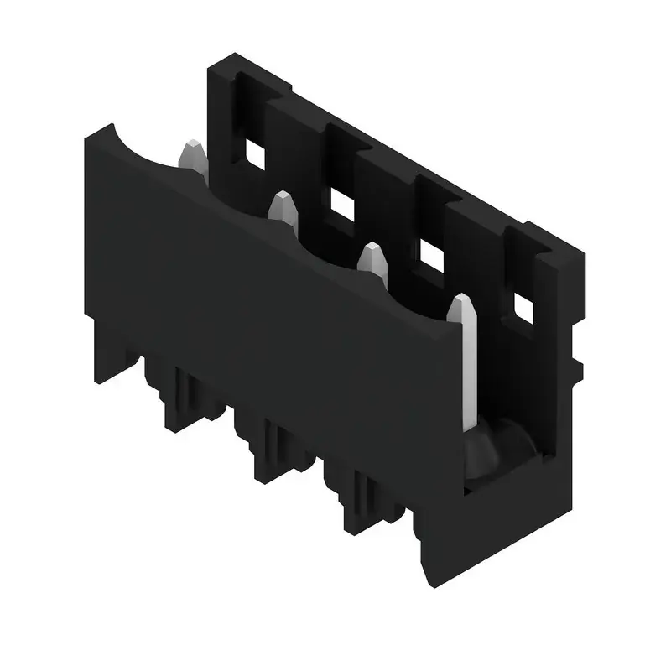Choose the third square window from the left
(431, 257)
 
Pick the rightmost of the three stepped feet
(361, 503)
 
